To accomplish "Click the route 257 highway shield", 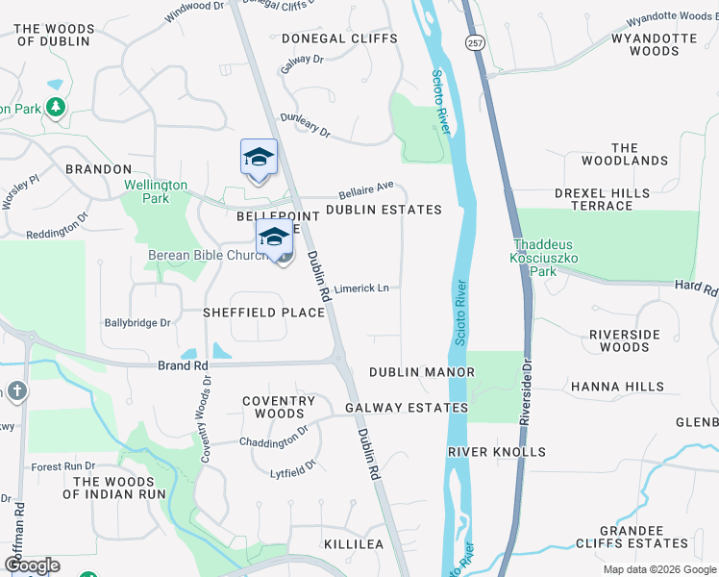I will [x=474, y=43].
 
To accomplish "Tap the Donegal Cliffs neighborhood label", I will [x=339, y=38].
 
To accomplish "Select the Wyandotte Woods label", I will [x=654, y=46].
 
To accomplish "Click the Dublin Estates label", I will [x=384, y=209].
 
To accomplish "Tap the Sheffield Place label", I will [x=250, y=313].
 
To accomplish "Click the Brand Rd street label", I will [x=184, y=365].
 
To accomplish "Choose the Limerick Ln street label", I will [x=361, y=288].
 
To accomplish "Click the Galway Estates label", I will [x=407, y=408].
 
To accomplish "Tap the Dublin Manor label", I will [x=422, y=372].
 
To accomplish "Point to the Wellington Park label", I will [x=155, y=191].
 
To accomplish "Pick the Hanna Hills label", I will [x=617, y=387].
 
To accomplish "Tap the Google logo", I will [x=32, y=564].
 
